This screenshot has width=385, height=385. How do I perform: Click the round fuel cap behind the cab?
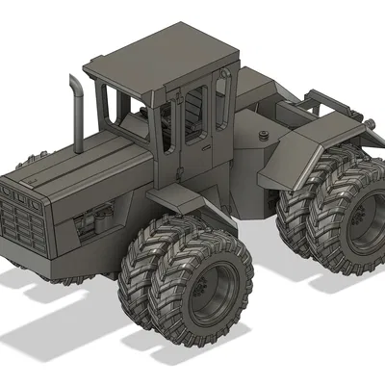click(x=262, y=135)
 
